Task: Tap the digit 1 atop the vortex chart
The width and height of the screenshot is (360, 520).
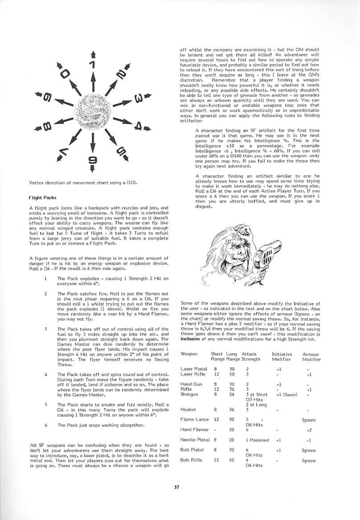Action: coord(92,65)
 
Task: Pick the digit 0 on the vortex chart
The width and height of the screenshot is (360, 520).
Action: coord(65,72)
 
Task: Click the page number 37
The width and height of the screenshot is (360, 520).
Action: coord(176,486)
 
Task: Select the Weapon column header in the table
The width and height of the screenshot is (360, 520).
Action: coord(189,354)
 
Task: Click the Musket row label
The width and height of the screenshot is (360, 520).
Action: coord(188,409)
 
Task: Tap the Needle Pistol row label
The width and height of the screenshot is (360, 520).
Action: coord(195,440)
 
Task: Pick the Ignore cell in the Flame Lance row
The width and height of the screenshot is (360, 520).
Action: coord(309,420)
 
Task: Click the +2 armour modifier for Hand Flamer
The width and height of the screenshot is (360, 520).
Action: coord(309,430)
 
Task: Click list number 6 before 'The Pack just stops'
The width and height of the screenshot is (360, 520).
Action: coord(46,425)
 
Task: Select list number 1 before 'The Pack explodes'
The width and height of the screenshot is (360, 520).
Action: coord(46,278)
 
